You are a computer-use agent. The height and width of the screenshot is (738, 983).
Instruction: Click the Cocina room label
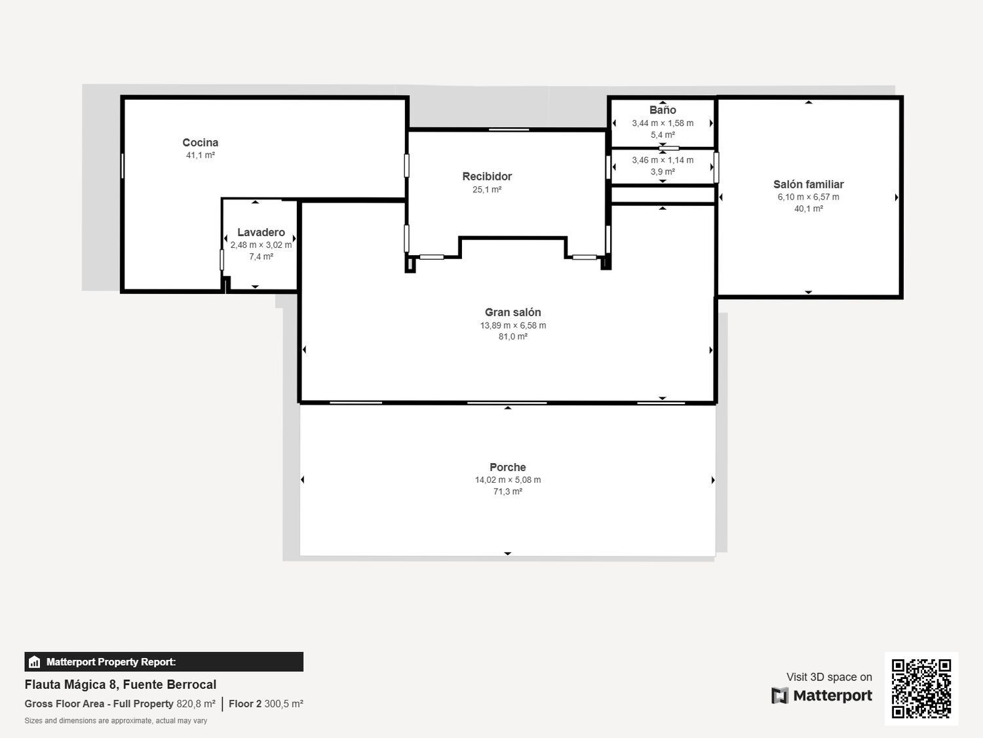coord(200,142)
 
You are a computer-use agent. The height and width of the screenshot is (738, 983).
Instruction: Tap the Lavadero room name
coord(261,232)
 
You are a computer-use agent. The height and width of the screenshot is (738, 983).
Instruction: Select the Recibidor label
coord(487,176)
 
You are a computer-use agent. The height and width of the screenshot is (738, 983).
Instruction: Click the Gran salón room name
coord(512,312)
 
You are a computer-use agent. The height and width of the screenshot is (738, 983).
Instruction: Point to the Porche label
coord(507,467)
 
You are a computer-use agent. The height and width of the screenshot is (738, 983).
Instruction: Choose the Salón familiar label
coord(808,184)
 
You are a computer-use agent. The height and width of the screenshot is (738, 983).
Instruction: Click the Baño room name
coord(663,110)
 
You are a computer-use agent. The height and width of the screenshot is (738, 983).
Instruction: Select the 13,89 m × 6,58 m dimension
coord(512,325)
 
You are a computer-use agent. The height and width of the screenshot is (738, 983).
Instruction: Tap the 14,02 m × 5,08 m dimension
coord(507,480)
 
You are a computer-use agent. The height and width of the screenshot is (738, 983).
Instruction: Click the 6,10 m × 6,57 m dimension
coord(808,197)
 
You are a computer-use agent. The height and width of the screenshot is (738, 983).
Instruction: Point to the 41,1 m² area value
coord(200,155)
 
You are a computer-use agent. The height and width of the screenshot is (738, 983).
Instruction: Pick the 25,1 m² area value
coord(487,190)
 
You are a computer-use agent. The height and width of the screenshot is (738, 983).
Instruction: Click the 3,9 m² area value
coord(663,172)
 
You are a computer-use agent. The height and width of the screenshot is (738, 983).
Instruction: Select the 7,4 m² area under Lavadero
coord(261,256)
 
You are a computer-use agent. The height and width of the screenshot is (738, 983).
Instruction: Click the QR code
coord(921,688)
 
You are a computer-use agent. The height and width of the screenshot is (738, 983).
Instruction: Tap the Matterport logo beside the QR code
coord(822,695)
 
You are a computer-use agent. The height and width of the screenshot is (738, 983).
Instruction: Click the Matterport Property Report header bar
coord(164,662)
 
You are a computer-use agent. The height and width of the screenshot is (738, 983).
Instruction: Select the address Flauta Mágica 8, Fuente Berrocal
coord(121,684)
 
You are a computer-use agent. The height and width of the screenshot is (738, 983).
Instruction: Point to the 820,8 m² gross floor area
coord(196,704)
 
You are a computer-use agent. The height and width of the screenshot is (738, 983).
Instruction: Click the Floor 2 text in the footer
coord(245,704)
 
